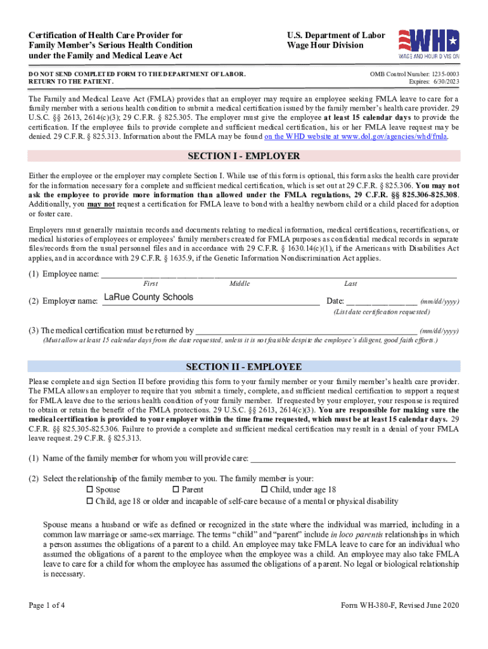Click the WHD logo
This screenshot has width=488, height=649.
click(x=428, y=43)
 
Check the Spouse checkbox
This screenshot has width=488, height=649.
click(x=89, y=489)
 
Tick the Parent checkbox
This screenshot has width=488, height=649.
click(x=176, y=489)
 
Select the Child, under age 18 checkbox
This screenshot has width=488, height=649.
click(x=264, y=489)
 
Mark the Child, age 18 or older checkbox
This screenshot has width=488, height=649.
click(x=89, y=501)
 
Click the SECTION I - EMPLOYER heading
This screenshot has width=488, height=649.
click(x=243, y=157)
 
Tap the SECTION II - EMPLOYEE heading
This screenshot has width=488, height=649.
click(x=243, y=367)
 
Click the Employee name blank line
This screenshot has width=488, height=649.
click(x=279, y=273)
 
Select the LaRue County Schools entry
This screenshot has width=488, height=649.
click(x=148, y=297)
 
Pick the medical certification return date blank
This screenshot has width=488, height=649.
click(x=306, y=330)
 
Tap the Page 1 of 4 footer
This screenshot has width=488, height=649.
click(x=46, y=605)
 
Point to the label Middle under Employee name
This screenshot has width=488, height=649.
click(x=240, y=284)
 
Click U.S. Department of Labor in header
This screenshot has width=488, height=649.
click(x=335, y=35)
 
